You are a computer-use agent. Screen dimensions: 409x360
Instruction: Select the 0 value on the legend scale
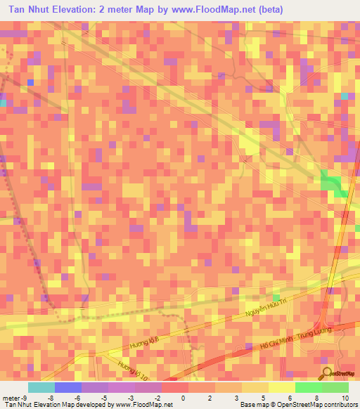click(x=183, y=398)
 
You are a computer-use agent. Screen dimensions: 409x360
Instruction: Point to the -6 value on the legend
click(x=77, y=398)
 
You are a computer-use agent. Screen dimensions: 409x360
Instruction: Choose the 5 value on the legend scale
click(x=263, y=398)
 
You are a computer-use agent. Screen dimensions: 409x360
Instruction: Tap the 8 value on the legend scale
click(x=316, y=398)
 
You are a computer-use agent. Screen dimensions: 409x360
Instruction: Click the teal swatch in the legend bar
click(x=41, y=387)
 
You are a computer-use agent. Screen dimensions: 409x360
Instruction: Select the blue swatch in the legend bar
click(x=68, y=387)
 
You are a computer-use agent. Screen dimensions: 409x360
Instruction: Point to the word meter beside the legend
click(x=10, y=398)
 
